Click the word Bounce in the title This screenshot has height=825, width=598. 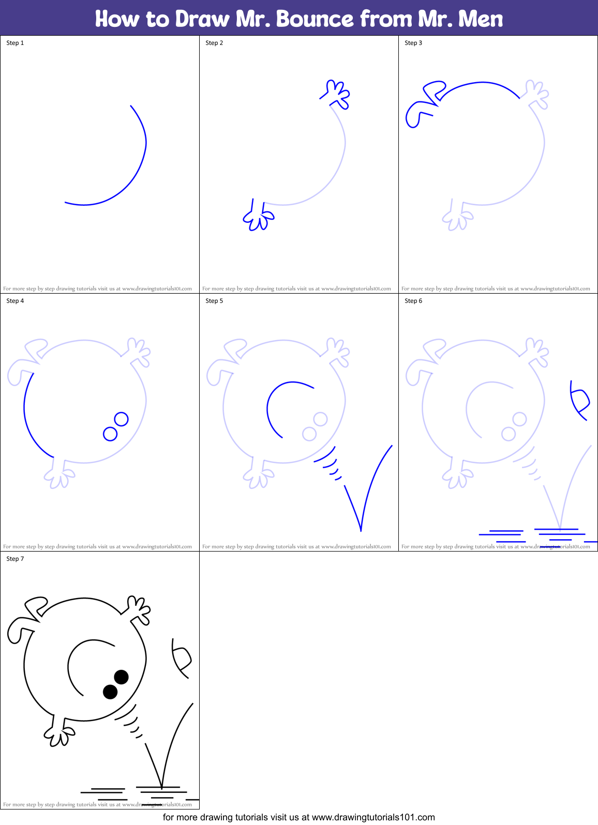(x=315, y=19)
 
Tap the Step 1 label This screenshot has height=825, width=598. (x=15, y=43)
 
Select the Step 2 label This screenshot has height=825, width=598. (x=214, y=43)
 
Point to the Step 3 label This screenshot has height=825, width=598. (x=413, y=43)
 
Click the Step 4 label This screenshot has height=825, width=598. (x=15, y=301)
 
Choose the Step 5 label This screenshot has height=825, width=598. (x=214, y=301)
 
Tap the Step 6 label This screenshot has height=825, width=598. (x=413, y=301)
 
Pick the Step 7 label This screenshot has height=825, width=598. (x=15, y=559)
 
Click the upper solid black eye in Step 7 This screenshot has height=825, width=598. (x=121, y=677)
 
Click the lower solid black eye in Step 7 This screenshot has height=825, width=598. (x=110, y=692)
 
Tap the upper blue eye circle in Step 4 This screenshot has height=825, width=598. (x=121, y=419)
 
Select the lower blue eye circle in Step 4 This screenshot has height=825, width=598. (x=110, y=433)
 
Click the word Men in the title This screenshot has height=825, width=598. (x=481, y=19)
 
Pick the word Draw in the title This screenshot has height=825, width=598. (x=202, y=19)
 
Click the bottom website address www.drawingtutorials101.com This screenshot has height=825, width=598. (x=373, y=817)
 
